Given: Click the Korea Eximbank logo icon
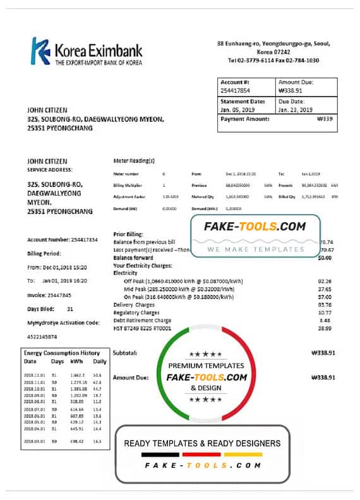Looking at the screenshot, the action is click(x=41, y=51).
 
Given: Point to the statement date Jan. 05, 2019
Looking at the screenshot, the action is click(x=236, y=109).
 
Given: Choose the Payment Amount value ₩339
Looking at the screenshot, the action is click(x=325, y=119).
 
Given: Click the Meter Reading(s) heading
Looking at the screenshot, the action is click(x=134, y=162).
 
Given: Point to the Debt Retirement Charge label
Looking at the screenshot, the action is click(x=142, y=320).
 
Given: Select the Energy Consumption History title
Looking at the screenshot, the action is click(x=62, y=353).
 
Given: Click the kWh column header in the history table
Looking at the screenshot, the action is click(x=77, y=362).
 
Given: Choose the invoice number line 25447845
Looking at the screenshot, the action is click(x=40, y=295).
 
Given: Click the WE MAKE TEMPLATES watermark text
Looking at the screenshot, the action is click(x=256, y=249).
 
